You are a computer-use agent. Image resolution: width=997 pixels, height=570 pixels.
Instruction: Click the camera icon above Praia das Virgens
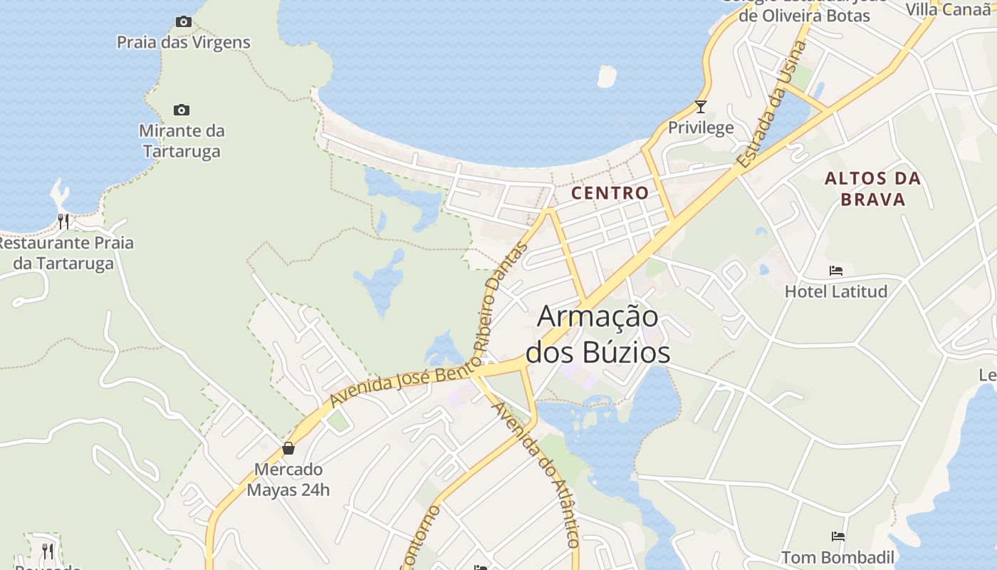(x=184, y=22)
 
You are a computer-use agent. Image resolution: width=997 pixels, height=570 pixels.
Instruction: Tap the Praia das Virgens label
(x=184, y=43)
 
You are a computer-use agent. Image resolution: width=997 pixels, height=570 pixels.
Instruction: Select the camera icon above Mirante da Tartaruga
(x=182, y=110)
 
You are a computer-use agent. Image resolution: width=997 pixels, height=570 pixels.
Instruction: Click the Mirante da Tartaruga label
(x=182, y=141)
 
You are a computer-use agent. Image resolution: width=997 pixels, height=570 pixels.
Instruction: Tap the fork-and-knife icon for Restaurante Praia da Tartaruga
(x=63, y=222)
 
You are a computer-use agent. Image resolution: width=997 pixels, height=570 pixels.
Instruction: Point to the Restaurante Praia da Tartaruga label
(x=64, y=253)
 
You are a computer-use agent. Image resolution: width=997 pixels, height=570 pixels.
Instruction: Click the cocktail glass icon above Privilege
(x=701, y=107)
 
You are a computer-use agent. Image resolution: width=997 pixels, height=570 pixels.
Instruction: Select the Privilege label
(x=701, y=128)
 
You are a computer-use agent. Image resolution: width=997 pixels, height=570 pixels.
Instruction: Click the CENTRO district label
(x=610, y=193)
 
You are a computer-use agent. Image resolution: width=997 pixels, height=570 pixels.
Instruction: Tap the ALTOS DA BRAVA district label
(x=872, y=189)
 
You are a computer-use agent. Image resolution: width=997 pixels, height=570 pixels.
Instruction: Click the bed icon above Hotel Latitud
(x=836, y=271)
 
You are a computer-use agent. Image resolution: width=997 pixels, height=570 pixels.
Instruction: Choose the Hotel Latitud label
(x=836, y=291)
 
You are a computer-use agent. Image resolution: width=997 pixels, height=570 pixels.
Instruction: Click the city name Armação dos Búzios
(x=598, y=334)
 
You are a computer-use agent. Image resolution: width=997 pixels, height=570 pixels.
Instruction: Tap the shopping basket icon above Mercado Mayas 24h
(x=288, y=448)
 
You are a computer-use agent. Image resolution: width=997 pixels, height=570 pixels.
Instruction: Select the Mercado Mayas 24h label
(x=288, y=480)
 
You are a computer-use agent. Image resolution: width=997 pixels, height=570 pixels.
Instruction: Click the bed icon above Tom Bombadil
(x=838, y=537)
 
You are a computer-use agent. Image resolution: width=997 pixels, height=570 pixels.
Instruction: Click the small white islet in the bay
(x=606, y=76)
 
